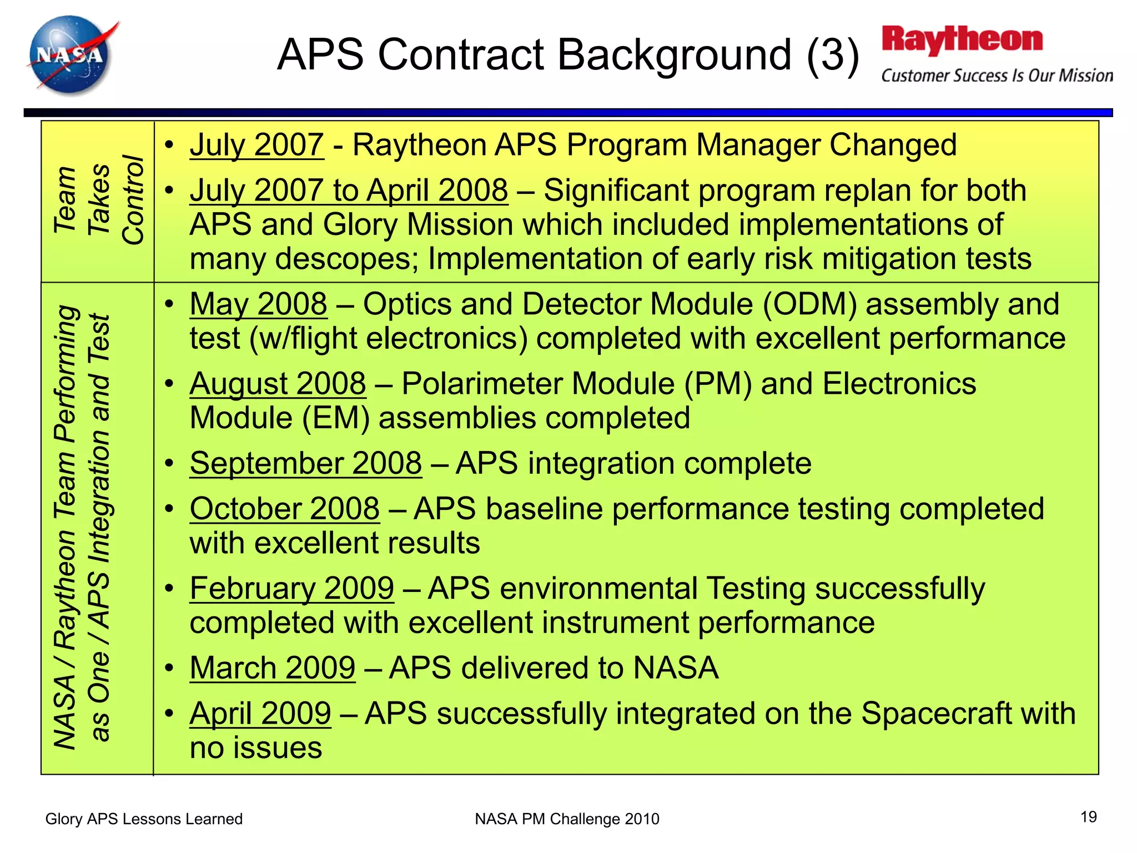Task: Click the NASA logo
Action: point(71,56)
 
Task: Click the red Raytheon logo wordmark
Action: point(962,40)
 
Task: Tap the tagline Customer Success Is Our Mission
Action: point(997,76)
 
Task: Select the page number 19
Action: point(1088,817)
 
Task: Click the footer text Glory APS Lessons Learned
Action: point(144,819)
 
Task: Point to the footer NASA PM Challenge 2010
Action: point(567,819)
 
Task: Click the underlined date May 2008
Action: point(258,305)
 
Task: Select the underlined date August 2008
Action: point(278,384)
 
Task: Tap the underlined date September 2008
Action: point(305,463)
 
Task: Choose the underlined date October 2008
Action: point(284,509)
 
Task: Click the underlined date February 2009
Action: point(291,588)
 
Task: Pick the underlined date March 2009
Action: point(272,668)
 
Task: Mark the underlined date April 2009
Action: point(260,714)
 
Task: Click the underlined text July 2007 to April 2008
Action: point(349,190)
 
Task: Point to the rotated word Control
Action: point(133,200)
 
